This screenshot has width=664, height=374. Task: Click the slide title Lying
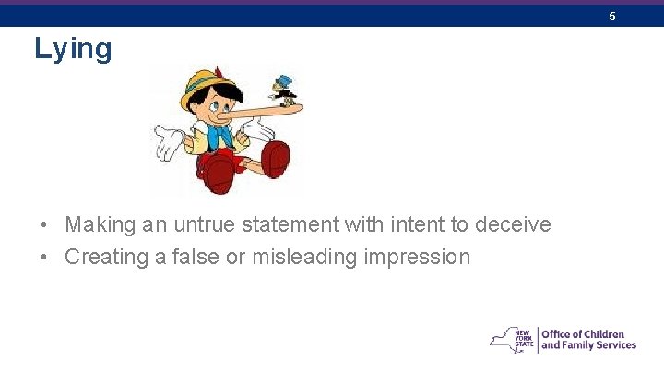(x=73, y=48)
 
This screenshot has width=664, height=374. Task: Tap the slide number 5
(x=611, y=17)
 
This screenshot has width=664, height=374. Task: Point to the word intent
(x=404, y=224)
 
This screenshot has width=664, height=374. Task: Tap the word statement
(x=293, y=224)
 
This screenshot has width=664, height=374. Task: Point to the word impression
(x=421, y=257)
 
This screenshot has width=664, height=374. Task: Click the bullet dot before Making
(x=43, y=225)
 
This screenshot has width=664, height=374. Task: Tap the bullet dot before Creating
(x=43, y=258)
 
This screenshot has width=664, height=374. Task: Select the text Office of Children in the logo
(x=583, y=334)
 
